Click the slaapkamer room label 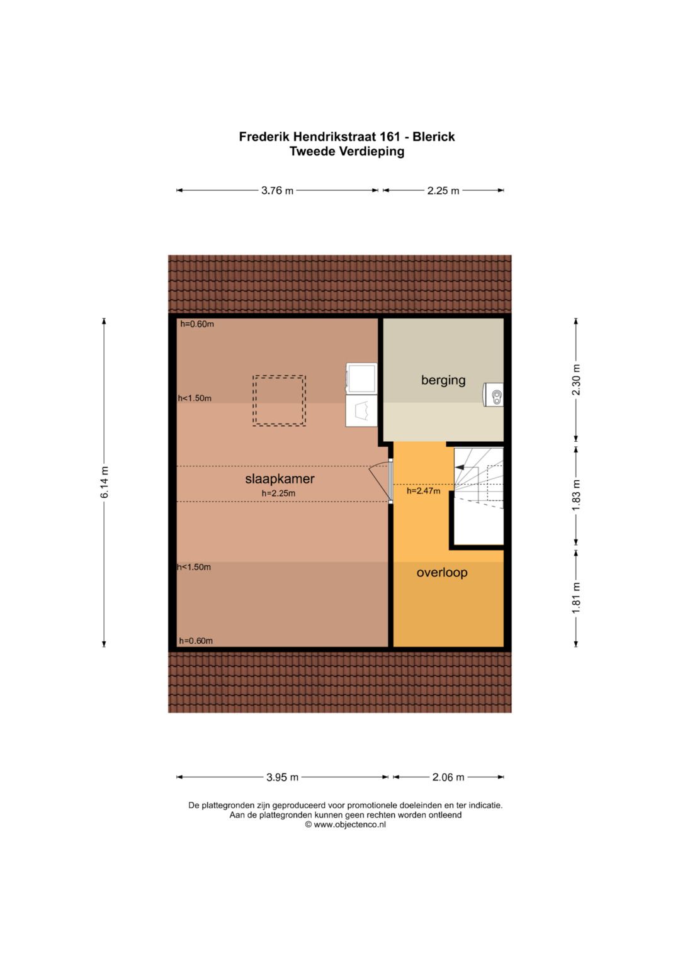pos(280,479)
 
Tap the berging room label pos(443,380)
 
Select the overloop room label pos(442,573)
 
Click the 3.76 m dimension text pos(277,191)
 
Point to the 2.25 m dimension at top pos(443,191)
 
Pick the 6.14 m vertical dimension pos(105,483)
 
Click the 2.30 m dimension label pos(576,380)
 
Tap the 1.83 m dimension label pos(576,495)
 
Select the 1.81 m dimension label pos(576,597)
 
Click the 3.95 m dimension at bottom pos(282,777)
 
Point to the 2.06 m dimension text pos(448,777)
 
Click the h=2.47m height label pos(423,491)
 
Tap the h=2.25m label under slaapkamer pos(278,493)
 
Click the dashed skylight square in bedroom pos(279,401)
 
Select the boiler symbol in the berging pos(494,396)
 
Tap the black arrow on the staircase pos(460,468)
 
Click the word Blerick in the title pos(433,137)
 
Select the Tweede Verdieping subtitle pos(347,152)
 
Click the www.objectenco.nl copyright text pos(346,824)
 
